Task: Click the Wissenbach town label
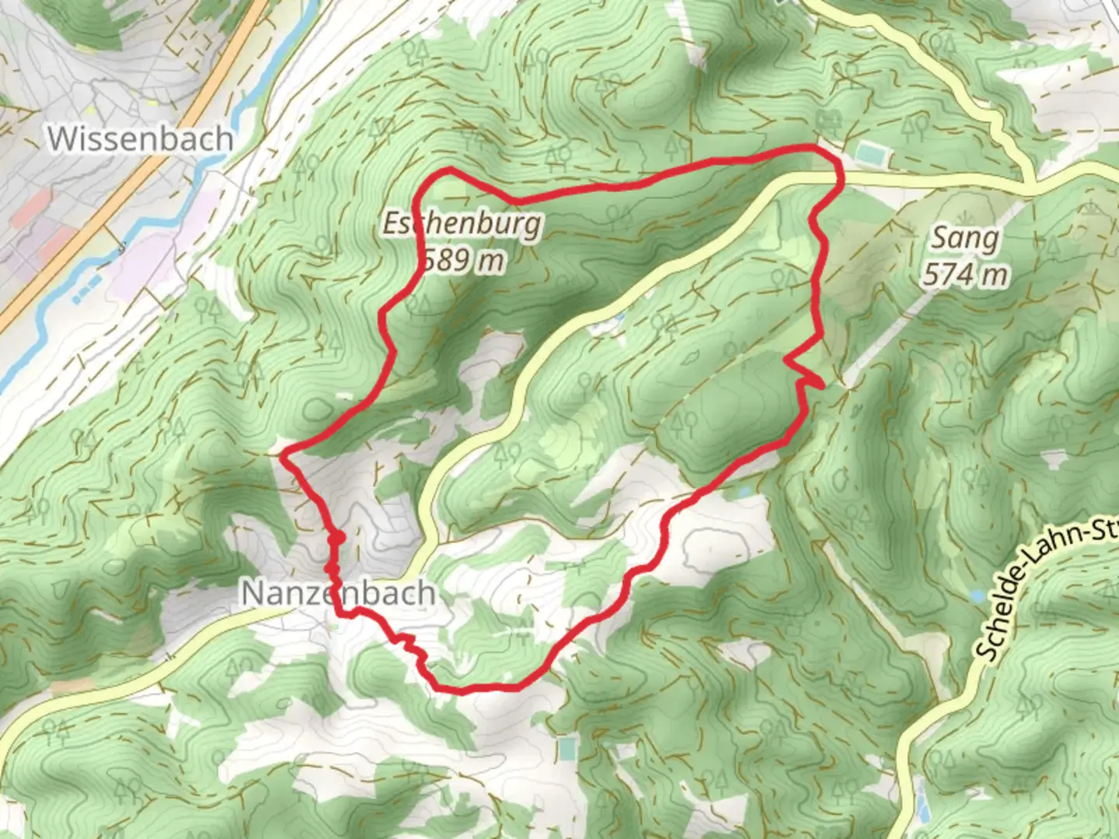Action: [141, 139]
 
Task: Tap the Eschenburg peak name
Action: [462, 225]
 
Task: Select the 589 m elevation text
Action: [463, 259]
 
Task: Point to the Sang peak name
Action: [965, 238]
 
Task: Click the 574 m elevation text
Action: [966, 274]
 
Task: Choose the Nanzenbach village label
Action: [338, 594]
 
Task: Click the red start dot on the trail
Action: [336, 538]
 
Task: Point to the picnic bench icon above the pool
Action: [830, 120]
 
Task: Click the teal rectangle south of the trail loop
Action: [569, 750]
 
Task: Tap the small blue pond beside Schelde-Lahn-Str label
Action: [977, 597]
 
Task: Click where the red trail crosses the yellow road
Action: [838, 179]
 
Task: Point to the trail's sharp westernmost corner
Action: [284, 453]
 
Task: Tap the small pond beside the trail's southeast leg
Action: [744, 492]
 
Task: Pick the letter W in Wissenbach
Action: [62, 139]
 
